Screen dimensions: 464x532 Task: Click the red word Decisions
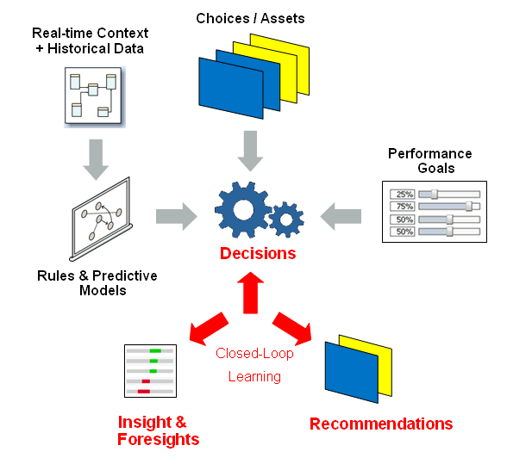click(x=257, y=253)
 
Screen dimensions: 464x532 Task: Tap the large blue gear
click(x=243, y=209)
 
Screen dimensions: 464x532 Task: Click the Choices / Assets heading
click(x=250, y=18)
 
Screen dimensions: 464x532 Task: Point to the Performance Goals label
click(x=429, y=161)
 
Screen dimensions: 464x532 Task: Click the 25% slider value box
click(x=403, y=194)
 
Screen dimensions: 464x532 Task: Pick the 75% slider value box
click(x=403, y=207)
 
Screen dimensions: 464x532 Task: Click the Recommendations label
click(x=380, y=424)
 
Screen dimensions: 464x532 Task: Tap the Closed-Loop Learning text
click(x=254, y=365)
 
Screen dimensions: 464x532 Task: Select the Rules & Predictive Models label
click(x=97, y=283)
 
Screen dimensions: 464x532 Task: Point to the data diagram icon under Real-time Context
click(x=91, y=96)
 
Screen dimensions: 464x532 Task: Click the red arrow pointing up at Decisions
click(x=250, y=289)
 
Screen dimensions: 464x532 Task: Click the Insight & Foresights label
click(x=158, y=430)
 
